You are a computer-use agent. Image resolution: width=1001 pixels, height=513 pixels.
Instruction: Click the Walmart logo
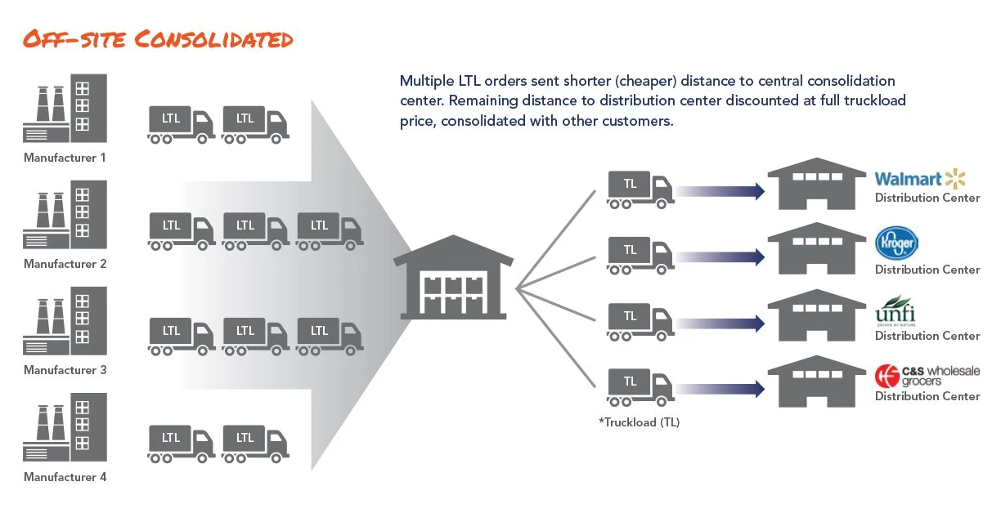(x=920, y=179)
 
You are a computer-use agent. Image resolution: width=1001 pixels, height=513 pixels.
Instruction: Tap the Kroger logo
(x=896, y=243)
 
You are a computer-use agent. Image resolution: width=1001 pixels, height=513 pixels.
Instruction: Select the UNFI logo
(x=896, y=312)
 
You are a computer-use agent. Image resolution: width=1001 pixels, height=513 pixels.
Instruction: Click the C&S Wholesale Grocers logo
(x=927, y=376)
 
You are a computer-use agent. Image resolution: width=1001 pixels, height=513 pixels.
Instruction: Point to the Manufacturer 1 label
(x=65, y=158)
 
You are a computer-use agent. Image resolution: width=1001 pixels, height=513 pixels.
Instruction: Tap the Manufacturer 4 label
(x=65, y=477)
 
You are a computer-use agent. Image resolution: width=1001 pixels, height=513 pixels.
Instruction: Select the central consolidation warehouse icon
(x=453, y=278)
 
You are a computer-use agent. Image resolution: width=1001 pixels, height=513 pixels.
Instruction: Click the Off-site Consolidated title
(x=157, y=39)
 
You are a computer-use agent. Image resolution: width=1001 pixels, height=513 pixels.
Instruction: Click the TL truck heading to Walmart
(x=640, y=189)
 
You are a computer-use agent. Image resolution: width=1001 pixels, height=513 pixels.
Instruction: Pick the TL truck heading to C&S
(x=640, y=386)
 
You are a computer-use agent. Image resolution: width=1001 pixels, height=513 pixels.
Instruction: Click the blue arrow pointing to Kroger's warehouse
(x=720, y=257)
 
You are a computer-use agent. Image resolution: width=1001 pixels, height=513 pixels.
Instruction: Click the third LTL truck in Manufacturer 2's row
(x=330, y=230)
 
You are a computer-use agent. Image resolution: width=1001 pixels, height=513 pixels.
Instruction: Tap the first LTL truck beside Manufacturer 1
(x=182, y=124)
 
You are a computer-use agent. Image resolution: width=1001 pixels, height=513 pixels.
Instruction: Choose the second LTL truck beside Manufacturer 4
(x=255, y=444)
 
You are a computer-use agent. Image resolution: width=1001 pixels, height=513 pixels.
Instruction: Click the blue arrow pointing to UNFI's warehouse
(x=720, y=323)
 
